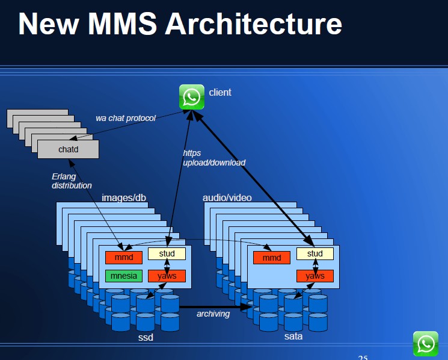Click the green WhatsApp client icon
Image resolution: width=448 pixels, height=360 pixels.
tap(192, 97)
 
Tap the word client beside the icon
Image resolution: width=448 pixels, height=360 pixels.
tap(220, 92)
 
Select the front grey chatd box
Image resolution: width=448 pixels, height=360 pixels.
tap(69, 149)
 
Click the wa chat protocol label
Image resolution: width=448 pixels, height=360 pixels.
tap(126, 118)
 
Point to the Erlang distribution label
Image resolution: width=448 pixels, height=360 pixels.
tap(72, 181)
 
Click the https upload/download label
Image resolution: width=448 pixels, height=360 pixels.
tap(214, 158)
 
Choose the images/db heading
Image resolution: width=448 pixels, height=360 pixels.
tap(124, 197)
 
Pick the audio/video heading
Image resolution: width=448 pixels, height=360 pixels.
tap(227, 197)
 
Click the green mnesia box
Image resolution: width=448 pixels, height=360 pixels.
tap(124, 276)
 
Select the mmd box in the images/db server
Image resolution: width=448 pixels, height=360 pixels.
tap(124, 257)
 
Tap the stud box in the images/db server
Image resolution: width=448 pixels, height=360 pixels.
tap(167, 253)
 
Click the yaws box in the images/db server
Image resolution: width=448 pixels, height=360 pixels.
tap(167, 276)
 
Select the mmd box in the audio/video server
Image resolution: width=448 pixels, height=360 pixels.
tap(272, 258)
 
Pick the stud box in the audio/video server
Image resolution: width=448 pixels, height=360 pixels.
tap(315, 253)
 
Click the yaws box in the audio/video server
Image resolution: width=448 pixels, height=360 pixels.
tap(315, 276)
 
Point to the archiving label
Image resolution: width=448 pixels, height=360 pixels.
tap(213, 314)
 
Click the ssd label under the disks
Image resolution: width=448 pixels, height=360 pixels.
tap(146, 337)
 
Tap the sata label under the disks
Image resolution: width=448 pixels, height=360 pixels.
tap(293, 337)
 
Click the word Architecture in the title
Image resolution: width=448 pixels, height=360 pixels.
tap(253, 23)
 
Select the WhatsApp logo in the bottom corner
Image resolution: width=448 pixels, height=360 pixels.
tap(426, 344)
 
